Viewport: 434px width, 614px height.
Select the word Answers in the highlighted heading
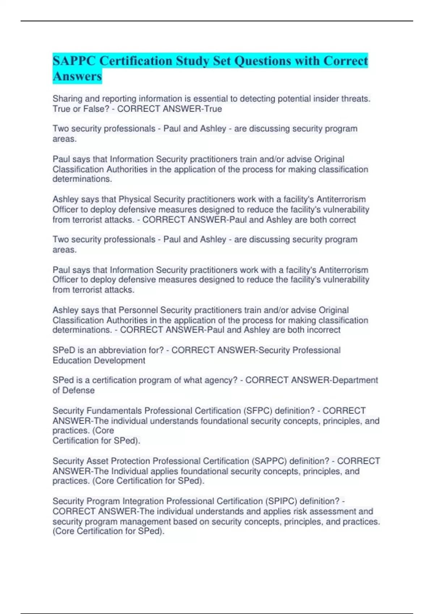click(77, 76)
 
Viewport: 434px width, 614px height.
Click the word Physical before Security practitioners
click(135, 199)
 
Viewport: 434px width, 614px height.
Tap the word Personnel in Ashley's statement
click(138, 310)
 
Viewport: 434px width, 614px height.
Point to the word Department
click(355, 380)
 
